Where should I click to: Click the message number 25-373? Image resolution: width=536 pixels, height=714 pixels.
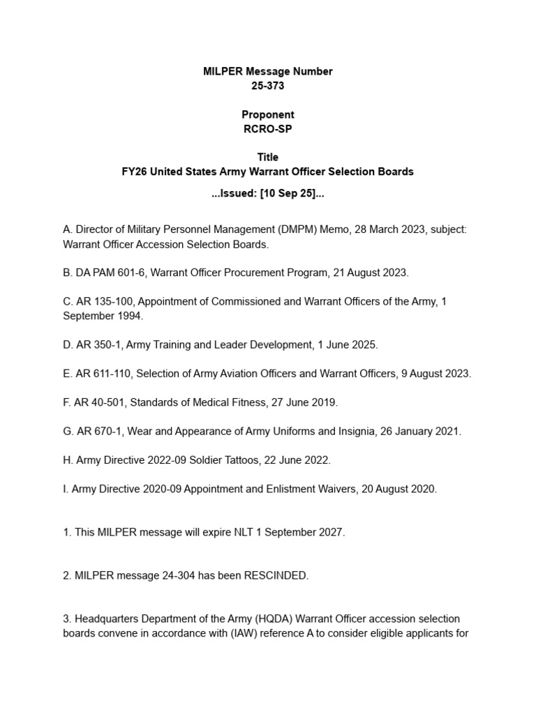coord(268,86)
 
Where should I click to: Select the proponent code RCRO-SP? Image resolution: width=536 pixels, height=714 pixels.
coord(268,129)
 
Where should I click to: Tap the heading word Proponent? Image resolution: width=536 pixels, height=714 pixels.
coord(268,114)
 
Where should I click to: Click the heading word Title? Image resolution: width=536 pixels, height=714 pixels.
coord(268,158)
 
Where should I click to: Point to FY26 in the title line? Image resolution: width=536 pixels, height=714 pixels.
coord(135,172)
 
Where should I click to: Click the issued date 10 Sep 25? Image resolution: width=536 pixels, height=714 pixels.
coord(286,195)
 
